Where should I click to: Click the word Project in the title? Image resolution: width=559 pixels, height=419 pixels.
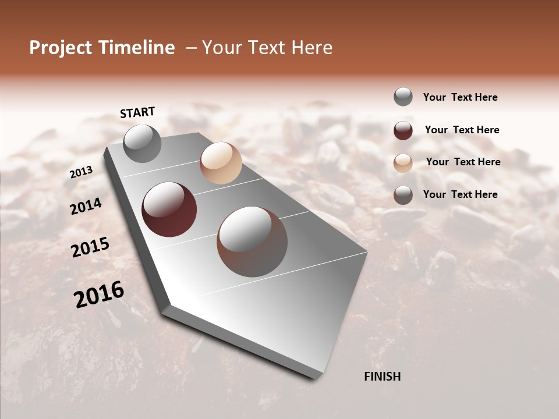[x=61, y=48]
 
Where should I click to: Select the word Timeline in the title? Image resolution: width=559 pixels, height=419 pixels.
[x=136, y=48]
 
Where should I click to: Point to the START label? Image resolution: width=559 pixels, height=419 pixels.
[x=137, y=112]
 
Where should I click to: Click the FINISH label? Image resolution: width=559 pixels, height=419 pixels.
[x=382, y=377]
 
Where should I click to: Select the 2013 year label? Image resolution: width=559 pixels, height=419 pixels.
[x=81, y=172]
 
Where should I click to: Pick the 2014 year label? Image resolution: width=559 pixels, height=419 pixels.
[x=86, y=206]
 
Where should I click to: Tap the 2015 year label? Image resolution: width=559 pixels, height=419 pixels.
[x=90, y=247]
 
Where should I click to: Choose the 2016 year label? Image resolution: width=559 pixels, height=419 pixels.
[x=99, y=294]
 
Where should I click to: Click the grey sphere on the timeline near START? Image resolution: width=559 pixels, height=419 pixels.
[x=142, y=143]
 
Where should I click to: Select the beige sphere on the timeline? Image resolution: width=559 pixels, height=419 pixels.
[x=221, y=162]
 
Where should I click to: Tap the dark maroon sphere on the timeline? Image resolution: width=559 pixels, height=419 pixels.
[x=169, y=210]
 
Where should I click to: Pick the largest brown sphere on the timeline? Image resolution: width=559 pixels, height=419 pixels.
[x=252, y=241]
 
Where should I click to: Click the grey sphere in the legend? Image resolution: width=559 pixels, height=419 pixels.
[x=403, y=97]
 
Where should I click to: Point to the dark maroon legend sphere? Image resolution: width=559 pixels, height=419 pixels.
[x=403, y=130]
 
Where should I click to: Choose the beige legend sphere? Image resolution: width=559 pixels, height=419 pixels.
[x=403, y=163]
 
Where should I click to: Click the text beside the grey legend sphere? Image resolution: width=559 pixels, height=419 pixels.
[x=460, y=98]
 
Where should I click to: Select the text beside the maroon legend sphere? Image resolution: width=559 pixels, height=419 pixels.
[x=462, y=130]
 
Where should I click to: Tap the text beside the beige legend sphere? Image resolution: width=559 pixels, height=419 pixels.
[x=463, y=162]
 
